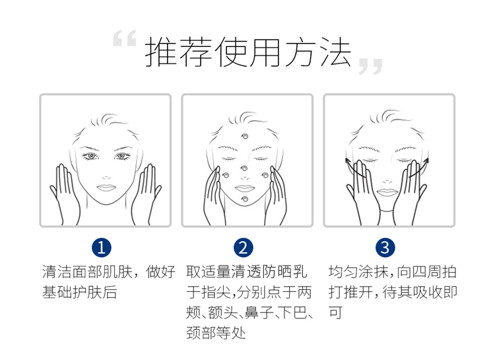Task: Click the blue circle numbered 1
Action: click(x=102, y=248)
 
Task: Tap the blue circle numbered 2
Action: click(x=244, y=248)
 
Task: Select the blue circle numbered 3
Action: click(x=385, y=248)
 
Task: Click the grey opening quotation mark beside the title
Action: click(x=125, y=38)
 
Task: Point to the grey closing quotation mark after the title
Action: click(x=371, y=66)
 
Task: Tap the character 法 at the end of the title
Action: click(x=335, y=52)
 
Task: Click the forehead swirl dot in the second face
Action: click(x=245, y=137)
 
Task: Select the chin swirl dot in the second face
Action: click(x=245, y=199)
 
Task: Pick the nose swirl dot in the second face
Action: click(x=244, y=168)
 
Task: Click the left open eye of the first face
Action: click(x=90, y=156)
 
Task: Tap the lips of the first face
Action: click(x=106, y=188)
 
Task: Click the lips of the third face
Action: click(x=387, y=192)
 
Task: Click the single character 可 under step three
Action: click(x=335, y=312)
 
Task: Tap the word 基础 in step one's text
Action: click(x=57, y=292)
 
